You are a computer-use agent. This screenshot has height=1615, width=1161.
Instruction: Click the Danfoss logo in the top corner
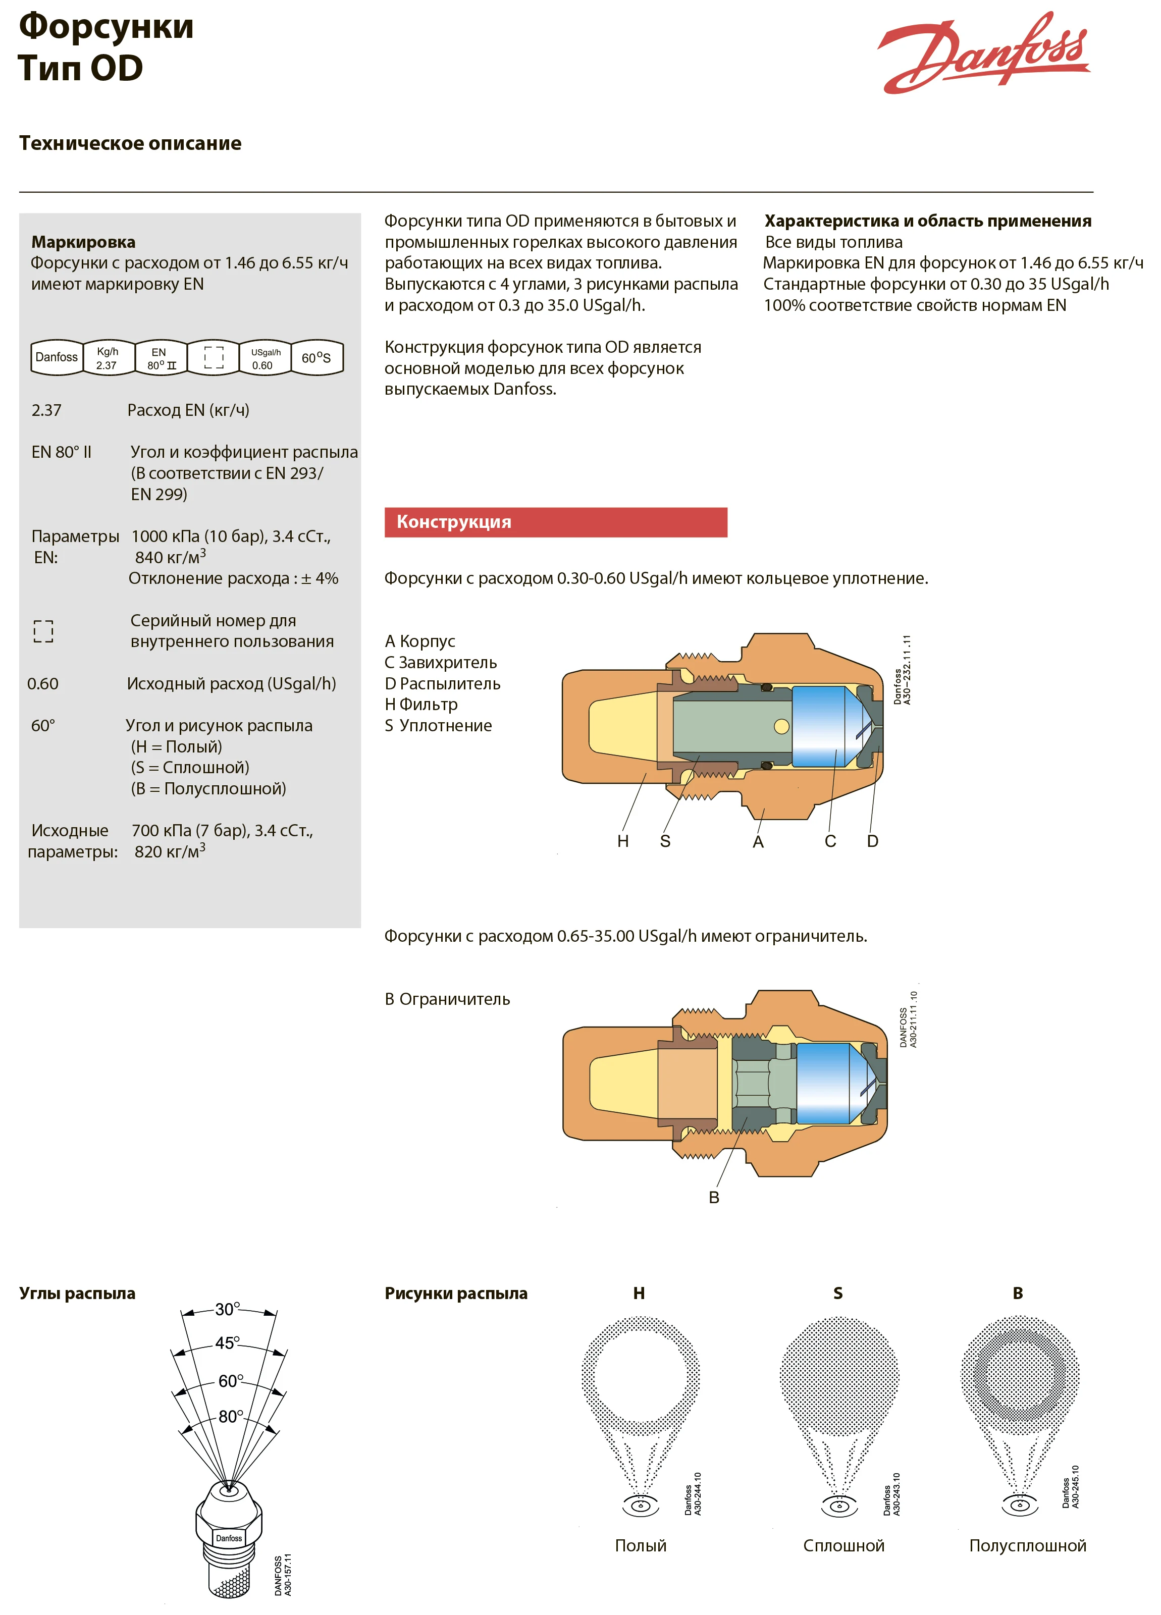point(983,53)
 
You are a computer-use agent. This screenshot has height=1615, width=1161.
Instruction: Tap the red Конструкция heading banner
point(556,522)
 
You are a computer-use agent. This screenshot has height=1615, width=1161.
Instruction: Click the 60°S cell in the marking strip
point(316,357)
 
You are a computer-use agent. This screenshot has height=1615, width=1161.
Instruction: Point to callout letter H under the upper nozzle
point(622,841)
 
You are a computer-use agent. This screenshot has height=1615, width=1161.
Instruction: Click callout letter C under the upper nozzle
point(830,841)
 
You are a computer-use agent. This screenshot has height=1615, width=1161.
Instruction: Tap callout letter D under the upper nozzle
point(873,841)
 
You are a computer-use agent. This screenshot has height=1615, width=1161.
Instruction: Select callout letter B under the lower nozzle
point(714,1198)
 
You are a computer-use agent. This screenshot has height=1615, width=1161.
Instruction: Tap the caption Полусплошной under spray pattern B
point(1027,1545)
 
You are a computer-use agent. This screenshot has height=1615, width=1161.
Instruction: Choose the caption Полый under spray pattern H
point(641,1545)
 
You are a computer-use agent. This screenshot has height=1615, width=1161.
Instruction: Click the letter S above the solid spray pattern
point(837,1293)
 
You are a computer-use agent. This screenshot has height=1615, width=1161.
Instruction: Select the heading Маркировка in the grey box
point(83,242)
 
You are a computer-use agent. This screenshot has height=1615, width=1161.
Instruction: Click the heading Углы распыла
point(77,1293)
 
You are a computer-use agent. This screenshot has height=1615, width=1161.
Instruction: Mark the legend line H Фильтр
point(421,704)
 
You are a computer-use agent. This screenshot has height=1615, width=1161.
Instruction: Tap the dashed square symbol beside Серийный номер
point(43,631)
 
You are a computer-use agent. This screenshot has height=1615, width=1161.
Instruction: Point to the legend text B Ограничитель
point(447,999)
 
